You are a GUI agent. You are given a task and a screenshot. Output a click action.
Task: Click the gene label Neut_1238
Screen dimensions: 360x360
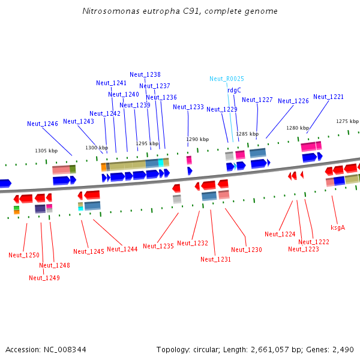[145, 74]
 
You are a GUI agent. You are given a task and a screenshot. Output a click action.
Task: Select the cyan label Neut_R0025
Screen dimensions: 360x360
[227, 79]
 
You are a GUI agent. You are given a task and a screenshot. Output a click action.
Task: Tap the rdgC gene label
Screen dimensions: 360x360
[234, 90]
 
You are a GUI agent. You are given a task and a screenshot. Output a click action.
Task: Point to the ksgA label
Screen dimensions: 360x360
[338, 227]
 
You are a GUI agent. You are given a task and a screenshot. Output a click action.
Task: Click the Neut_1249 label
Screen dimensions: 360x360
[44, 278]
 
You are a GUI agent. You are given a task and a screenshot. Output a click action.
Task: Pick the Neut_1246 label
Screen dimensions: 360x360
[43, 124]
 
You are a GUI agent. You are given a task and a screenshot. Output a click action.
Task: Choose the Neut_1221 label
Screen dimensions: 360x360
[328, 97]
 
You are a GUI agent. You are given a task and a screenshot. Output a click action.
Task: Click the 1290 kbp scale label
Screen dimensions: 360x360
[197, 139]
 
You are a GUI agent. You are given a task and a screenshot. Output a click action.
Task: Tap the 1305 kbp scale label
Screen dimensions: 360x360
[46, 151]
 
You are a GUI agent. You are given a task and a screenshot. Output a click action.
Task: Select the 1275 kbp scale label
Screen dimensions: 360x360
[347, 121]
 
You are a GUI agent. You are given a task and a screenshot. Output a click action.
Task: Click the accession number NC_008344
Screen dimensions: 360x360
[65, 350]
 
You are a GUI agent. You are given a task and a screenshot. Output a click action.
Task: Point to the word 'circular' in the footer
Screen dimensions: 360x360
[206, 350]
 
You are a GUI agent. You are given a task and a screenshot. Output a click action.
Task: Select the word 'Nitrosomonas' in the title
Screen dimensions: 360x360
[111, 11]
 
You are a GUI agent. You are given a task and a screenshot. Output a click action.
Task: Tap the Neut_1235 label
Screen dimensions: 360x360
[158, 246]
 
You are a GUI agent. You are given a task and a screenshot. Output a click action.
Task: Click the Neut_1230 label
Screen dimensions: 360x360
[247, 250]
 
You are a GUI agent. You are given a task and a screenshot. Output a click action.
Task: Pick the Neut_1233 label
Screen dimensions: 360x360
[188, 107]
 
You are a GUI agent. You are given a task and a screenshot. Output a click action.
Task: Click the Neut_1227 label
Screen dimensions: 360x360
[257, 100]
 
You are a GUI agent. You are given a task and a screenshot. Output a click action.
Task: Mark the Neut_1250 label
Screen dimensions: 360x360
[24, 255]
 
